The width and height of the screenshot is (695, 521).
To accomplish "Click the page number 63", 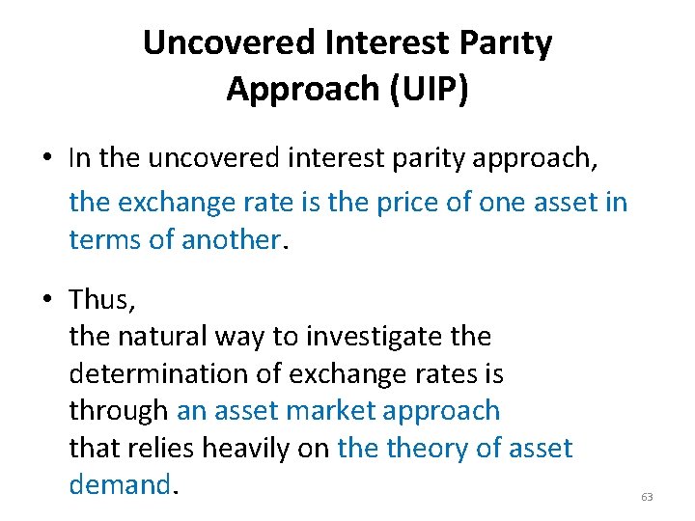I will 647,497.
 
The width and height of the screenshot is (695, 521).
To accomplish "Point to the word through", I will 118,411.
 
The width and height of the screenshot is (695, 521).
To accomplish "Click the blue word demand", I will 119,484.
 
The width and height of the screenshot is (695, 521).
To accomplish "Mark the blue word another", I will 231,239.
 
